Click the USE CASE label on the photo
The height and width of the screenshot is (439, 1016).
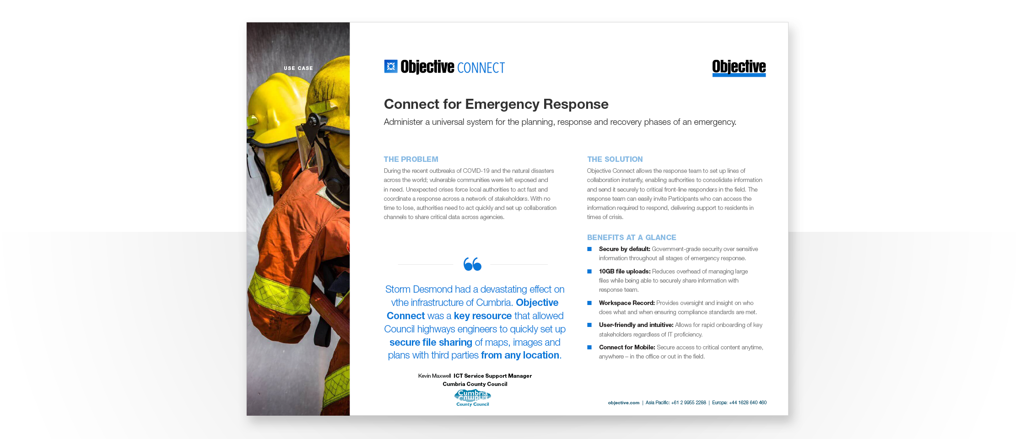[x=298, y=68]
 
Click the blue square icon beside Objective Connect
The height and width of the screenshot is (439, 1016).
[x=390, y=66]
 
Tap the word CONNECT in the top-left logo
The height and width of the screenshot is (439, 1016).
[x=481, y=68]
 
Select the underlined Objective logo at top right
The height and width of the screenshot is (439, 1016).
[x=739, y=68]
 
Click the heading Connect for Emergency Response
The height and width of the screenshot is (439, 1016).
[x=496, y=104]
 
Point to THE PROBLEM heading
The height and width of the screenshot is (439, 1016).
[x=411, y=159]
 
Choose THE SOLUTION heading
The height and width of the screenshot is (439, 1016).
[x=615, y=159]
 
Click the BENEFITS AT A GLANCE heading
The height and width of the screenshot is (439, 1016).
[x=631, y=237]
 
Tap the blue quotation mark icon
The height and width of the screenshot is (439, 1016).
[x=472, y=264]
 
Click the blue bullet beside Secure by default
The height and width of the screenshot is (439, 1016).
[x=589, y=249]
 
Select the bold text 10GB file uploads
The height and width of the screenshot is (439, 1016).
[x=624, y=271]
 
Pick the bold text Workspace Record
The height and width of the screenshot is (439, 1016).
[x=627, y=303]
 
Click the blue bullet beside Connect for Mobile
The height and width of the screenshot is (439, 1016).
[x=589, y=348]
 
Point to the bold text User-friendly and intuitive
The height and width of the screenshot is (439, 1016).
[x=636, y=325]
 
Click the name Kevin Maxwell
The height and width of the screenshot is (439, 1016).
[x=434, y=376]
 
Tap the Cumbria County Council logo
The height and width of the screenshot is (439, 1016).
[x=472, y=397]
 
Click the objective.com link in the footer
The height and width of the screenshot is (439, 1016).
[x=623, y=403]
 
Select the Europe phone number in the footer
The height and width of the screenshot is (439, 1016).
[x=747, y=403]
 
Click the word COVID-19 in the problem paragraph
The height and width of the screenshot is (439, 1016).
[x=476, y=171]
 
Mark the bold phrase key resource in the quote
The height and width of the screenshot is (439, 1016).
[x=482, y=316]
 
